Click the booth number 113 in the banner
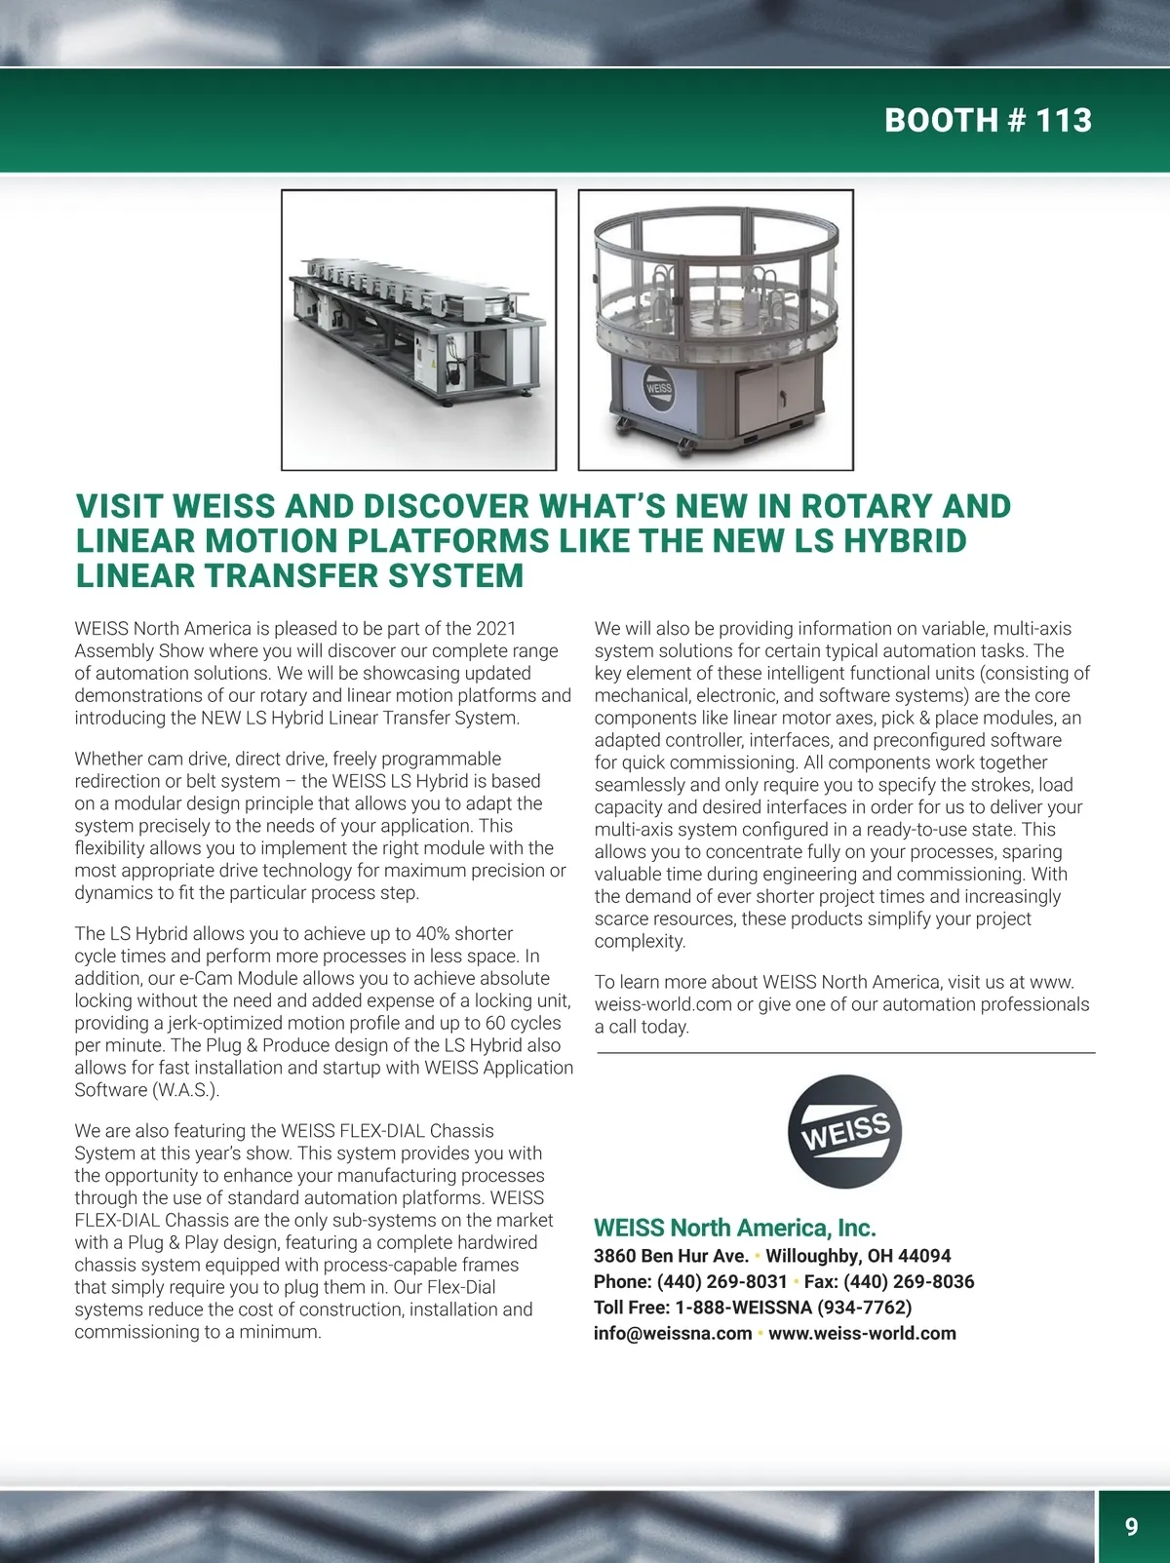1063,120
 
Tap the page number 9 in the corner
1131,1526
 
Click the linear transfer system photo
418,330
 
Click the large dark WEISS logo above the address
844,1131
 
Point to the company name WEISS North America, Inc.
734,1228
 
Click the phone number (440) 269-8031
721,1281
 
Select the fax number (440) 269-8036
909,1281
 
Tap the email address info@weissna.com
673,1333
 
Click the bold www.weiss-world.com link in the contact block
862,1333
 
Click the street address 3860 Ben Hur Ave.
671,1256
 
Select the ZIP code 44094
924,1256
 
